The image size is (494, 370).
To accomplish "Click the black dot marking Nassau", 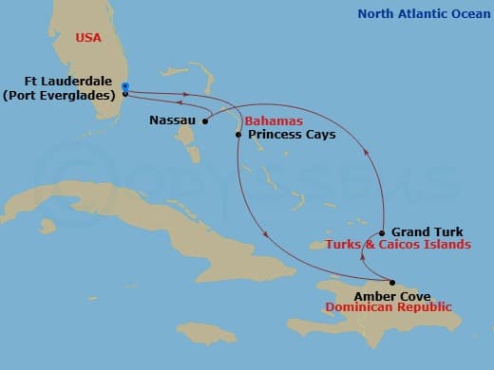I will [206, 120].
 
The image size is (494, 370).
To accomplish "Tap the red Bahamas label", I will [273, 122].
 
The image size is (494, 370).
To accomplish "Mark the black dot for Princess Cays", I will [237, 135].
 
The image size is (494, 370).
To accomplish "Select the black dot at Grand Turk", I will [381, 232].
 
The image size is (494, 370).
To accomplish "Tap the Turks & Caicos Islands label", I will [397, 245].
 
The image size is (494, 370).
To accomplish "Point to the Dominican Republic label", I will [389, 307].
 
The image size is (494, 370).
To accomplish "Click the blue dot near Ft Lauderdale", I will [125, 86].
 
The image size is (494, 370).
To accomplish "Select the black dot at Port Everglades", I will [125, 94].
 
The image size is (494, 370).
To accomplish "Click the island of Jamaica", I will [206, 333].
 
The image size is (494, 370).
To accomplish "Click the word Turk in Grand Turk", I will [447, 232].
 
